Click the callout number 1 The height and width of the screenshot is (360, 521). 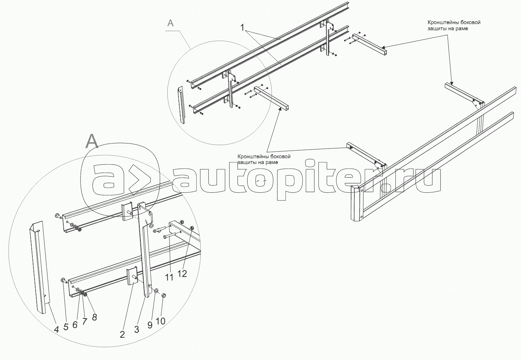tap(243, 27)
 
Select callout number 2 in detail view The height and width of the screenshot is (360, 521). tap(122, 334)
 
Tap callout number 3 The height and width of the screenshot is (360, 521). tap(136, 329)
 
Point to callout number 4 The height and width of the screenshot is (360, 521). tap(56, 329)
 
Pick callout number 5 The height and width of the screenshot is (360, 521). tap(66, 327)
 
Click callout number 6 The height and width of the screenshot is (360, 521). tap(75, 324)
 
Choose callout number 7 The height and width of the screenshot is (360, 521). tap(85, 321)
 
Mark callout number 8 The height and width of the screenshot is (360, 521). tap(94, 317)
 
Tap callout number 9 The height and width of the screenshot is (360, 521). tap(150, 324)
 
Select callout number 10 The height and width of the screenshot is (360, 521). tap(160, 320)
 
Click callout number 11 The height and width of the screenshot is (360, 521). tap(169, 277)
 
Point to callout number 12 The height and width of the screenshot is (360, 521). tap(182, 273)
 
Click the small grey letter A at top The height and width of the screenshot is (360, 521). tap(171, 23)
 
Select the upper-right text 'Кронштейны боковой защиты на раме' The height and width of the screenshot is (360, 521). tap(454, 26)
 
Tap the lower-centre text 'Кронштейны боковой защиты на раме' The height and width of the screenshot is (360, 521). tap(264, 159)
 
